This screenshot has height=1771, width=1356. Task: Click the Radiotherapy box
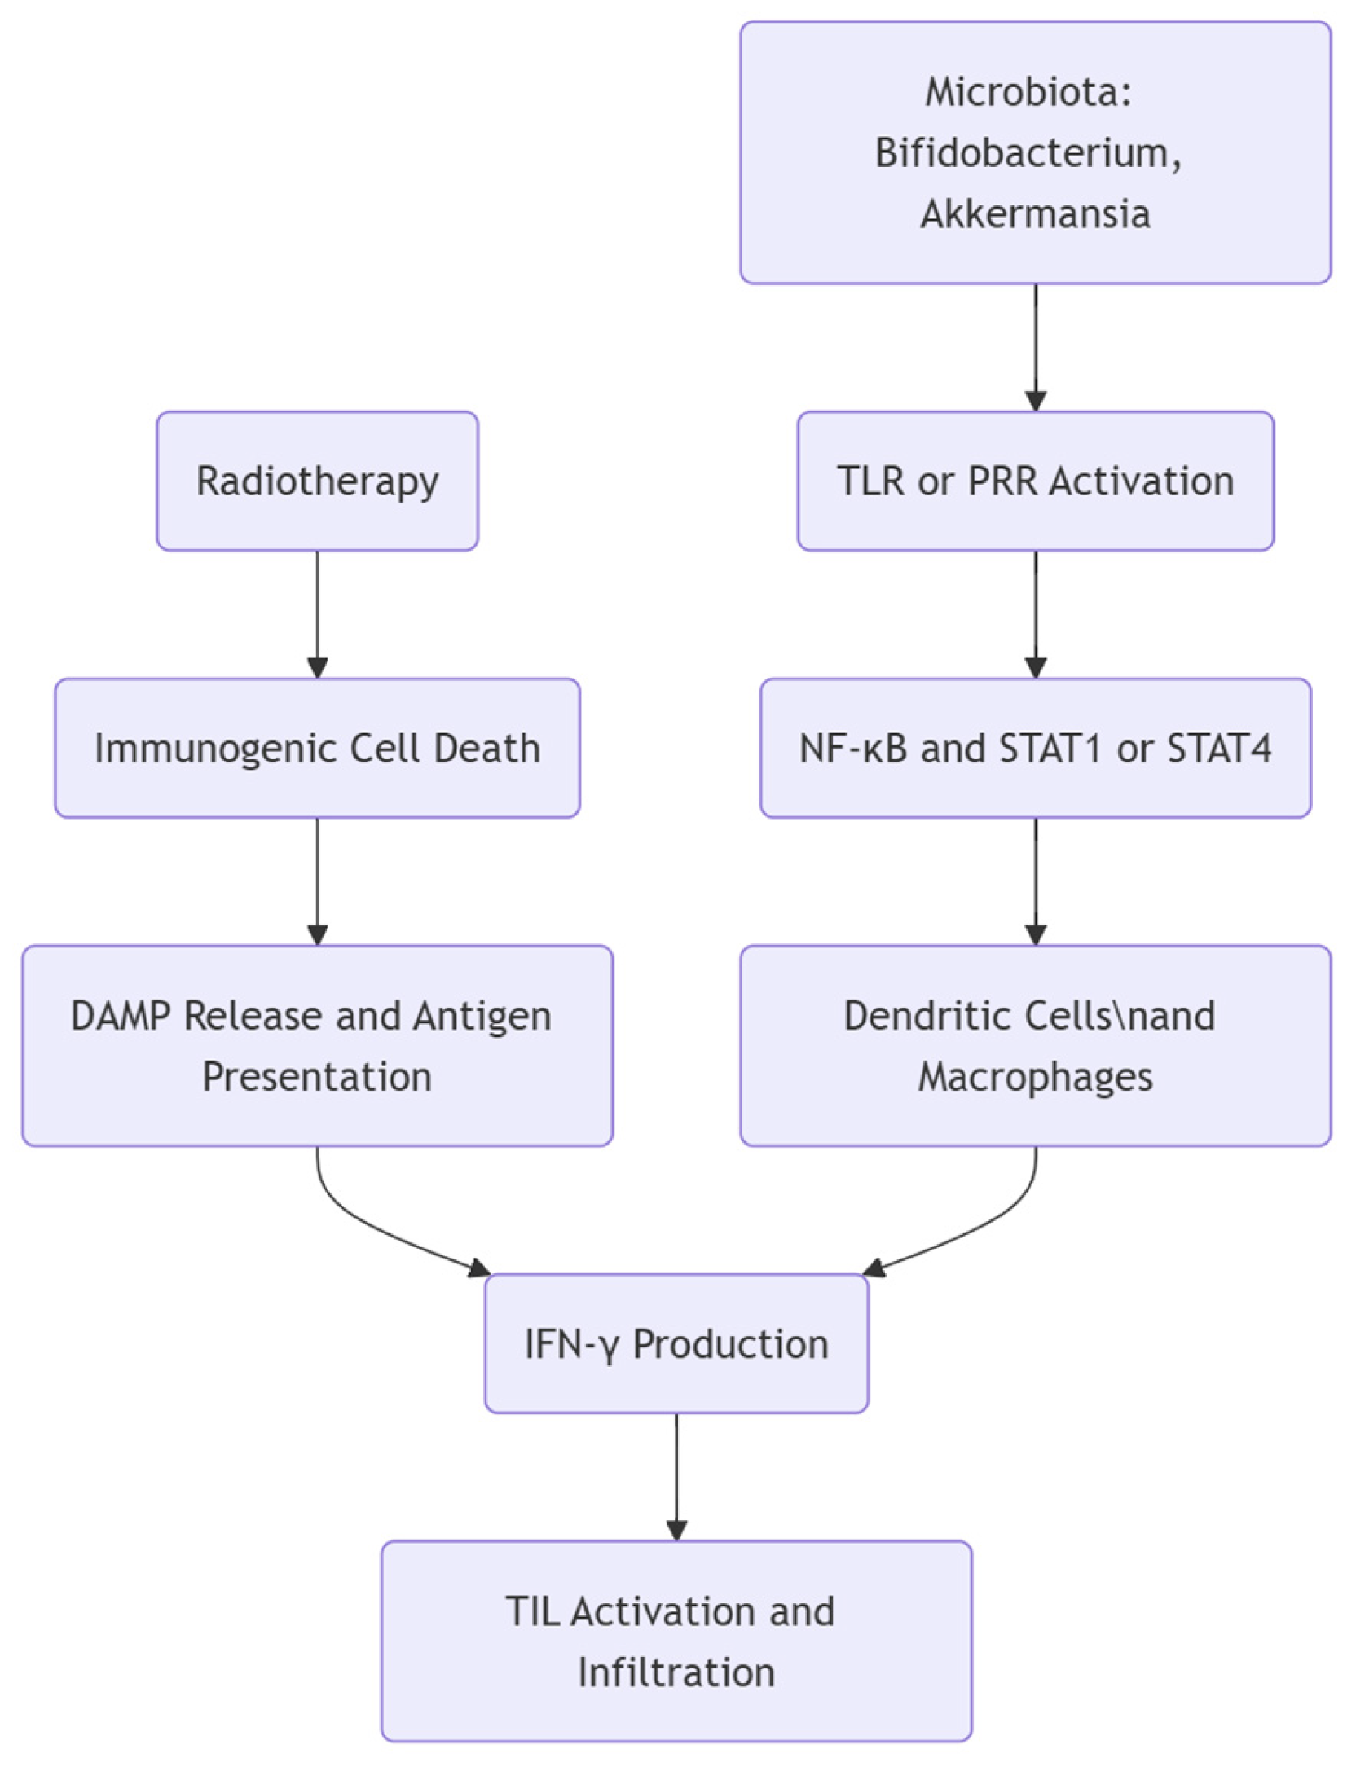317,481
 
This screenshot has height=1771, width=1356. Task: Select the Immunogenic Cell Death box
317,748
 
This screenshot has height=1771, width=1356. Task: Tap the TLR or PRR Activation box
1035,481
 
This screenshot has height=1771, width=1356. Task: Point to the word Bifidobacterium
1028,152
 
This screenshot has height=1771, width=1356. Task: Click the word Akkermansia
1035,213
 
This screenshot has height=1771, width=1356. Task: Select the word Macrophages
1035,1076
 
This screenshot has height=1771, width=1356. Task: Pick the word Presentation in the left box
317,1076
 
